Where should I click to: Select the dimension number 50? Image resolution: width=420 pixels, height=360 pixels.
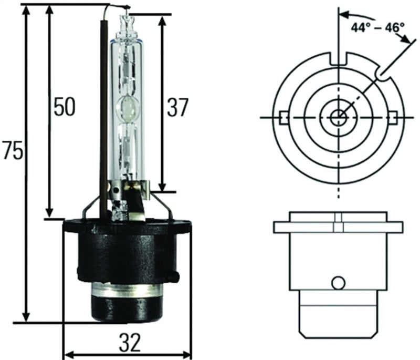click(64, 107)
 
